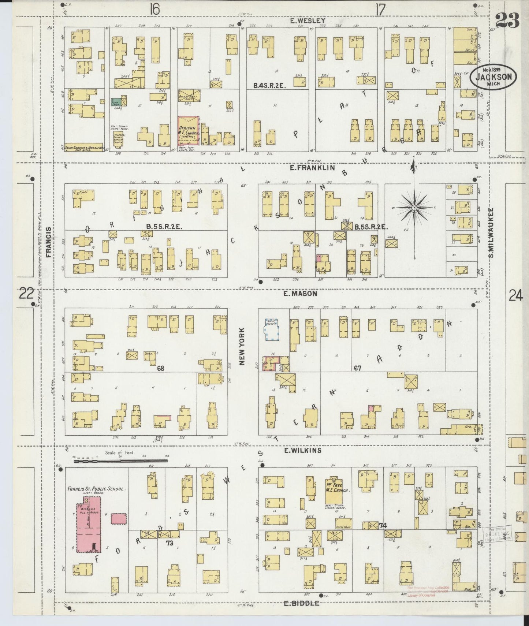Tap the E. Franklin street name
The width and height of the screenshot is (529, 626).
(312, 168)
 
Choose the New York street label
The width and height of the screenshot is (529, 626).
(242, 346)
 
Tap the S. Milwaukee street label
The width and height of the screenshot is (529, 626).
(492, 233)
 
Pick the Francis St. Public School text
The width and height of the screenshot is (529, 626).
(97, 489)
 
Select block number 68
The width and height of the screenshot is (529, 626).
(161, 368)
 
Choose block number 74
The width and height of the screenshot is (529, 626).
(383, 526)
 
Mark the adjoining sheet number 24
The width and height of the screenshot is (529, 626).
(515, 295)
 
